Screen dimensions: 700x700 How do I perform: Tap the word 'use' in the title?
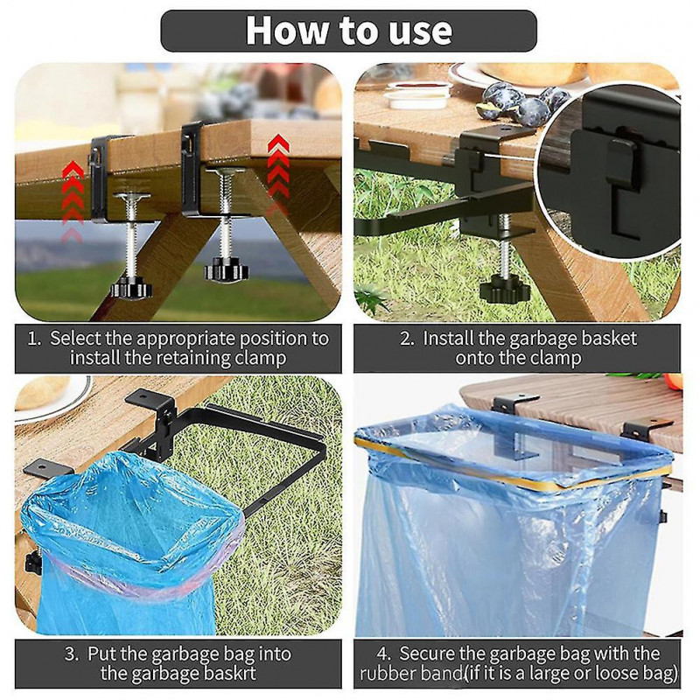(x=420, y=31)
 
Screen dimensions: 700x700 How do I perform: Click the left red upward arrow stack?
(x=73, y=201)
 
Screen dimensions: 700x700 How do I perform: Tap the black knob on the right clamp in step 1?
(x=226, y=270)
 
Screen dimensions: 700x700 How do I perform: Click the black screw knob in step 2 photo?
(x=505, y=290)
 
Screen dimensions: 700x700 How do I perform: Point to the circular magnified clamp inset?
(x=608, y=171)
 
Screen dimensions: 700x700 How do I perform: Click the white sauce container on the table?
(x=418, y=95)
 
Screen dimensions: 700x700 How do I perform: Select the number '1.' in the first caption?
(x=34, y=339)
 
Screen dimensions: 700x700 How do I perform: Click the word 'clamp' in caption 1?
(x=260, y=359)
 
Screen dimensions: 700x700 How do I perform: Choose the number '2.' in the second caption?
(x=407, y=339)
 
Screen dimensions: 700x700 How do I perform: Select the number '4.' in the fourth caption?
(x=383, y=654)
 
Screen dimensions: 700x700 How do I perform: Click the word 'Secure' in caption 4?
(x=426, y=654)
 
